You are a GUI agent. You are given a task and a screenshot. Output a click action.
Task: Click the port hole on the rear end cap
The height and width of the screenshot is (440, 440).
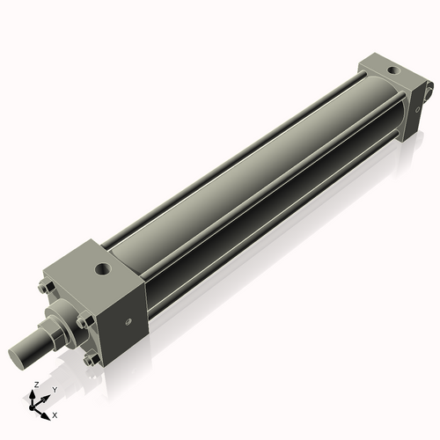(391, 69)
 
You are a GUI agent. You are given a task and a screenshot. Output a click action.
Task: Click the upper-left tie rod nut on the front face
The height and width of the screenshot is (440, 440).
(45, 287)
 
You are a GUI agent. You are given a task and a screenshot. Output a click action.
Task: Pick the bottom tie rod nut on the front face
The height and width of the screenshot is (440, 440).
(88, 359)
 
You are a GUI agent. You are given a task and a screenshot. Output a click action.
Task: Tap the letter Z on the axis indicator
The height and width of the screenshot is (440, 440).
(34, 385)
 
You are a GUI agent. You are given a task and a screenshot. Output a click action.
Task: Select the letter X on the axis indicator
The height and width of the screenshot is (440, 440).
(55, 414)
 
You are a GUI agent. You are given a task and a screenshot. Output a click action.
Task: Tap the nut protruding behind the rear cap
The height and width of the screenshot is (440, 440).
(428, 88)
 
